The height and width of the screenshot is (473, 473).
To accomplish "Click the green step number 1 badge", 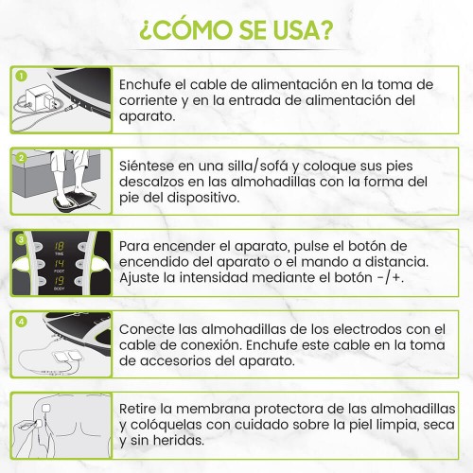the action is click(x=21, y=76).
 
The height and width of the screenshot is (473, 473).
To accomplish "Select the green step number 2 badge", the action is click(x=21, y=158).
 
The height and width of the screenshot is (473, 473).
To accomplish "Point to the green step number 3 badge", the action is click(x=21, y=239).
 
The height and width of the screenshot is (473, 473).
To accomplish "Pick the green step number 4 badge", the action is click(x=21, y=322).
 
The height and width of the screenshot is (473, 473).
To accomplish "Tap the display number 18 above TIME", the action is click(x=60, y=246).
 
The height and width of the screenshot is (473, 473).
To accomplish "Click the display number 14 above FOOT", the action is click(x=60, y=264).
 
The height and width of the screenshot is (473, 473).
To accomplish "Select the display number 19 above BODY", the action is click(x=60, y=281).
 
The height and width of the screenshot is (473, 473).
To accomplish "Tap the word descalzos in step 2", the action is click(x=150, y=182).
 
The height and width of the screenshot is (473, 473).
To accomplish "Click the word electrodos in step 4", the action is click(x=367, y=329).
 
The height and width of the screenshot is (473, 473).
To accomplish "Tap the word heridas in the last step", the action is click(x=178, y=441).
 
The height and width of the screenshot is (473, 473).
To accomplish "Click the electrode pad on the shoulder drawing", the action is click(x=46, y=408).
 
